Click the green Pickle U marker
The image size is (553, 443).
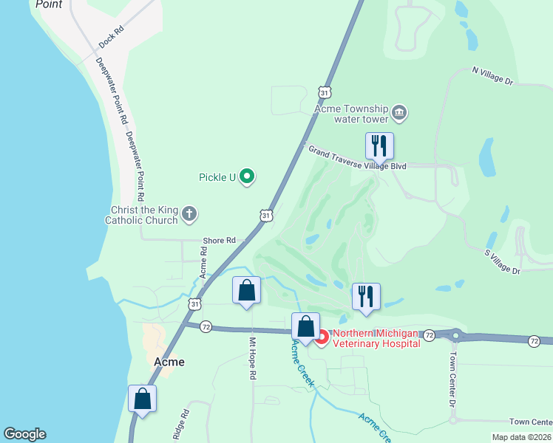pos(248,176)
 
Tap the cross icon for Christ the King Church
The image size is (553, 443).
pos(189,214)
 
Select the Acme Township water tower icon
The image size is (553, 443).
pos(399,113)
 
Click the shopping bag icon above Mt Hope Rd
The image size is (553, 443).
pos(246,291)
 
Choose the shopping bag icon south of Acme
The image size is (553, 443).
pos(142,399)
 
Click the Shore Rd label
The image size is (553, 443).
pos(220,241)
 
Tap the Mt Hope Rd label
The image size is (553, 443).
pos(252,359)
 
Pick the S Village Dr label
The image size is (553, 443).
pos(503,261)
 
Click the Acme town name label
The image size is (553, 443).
pos(169,362)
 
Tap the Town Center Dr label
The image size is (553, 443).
pos(451,384)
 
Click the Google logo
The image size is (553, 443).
pos(24,434)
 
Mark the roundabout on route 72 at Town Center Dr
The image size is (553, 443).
pos(455,336)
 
